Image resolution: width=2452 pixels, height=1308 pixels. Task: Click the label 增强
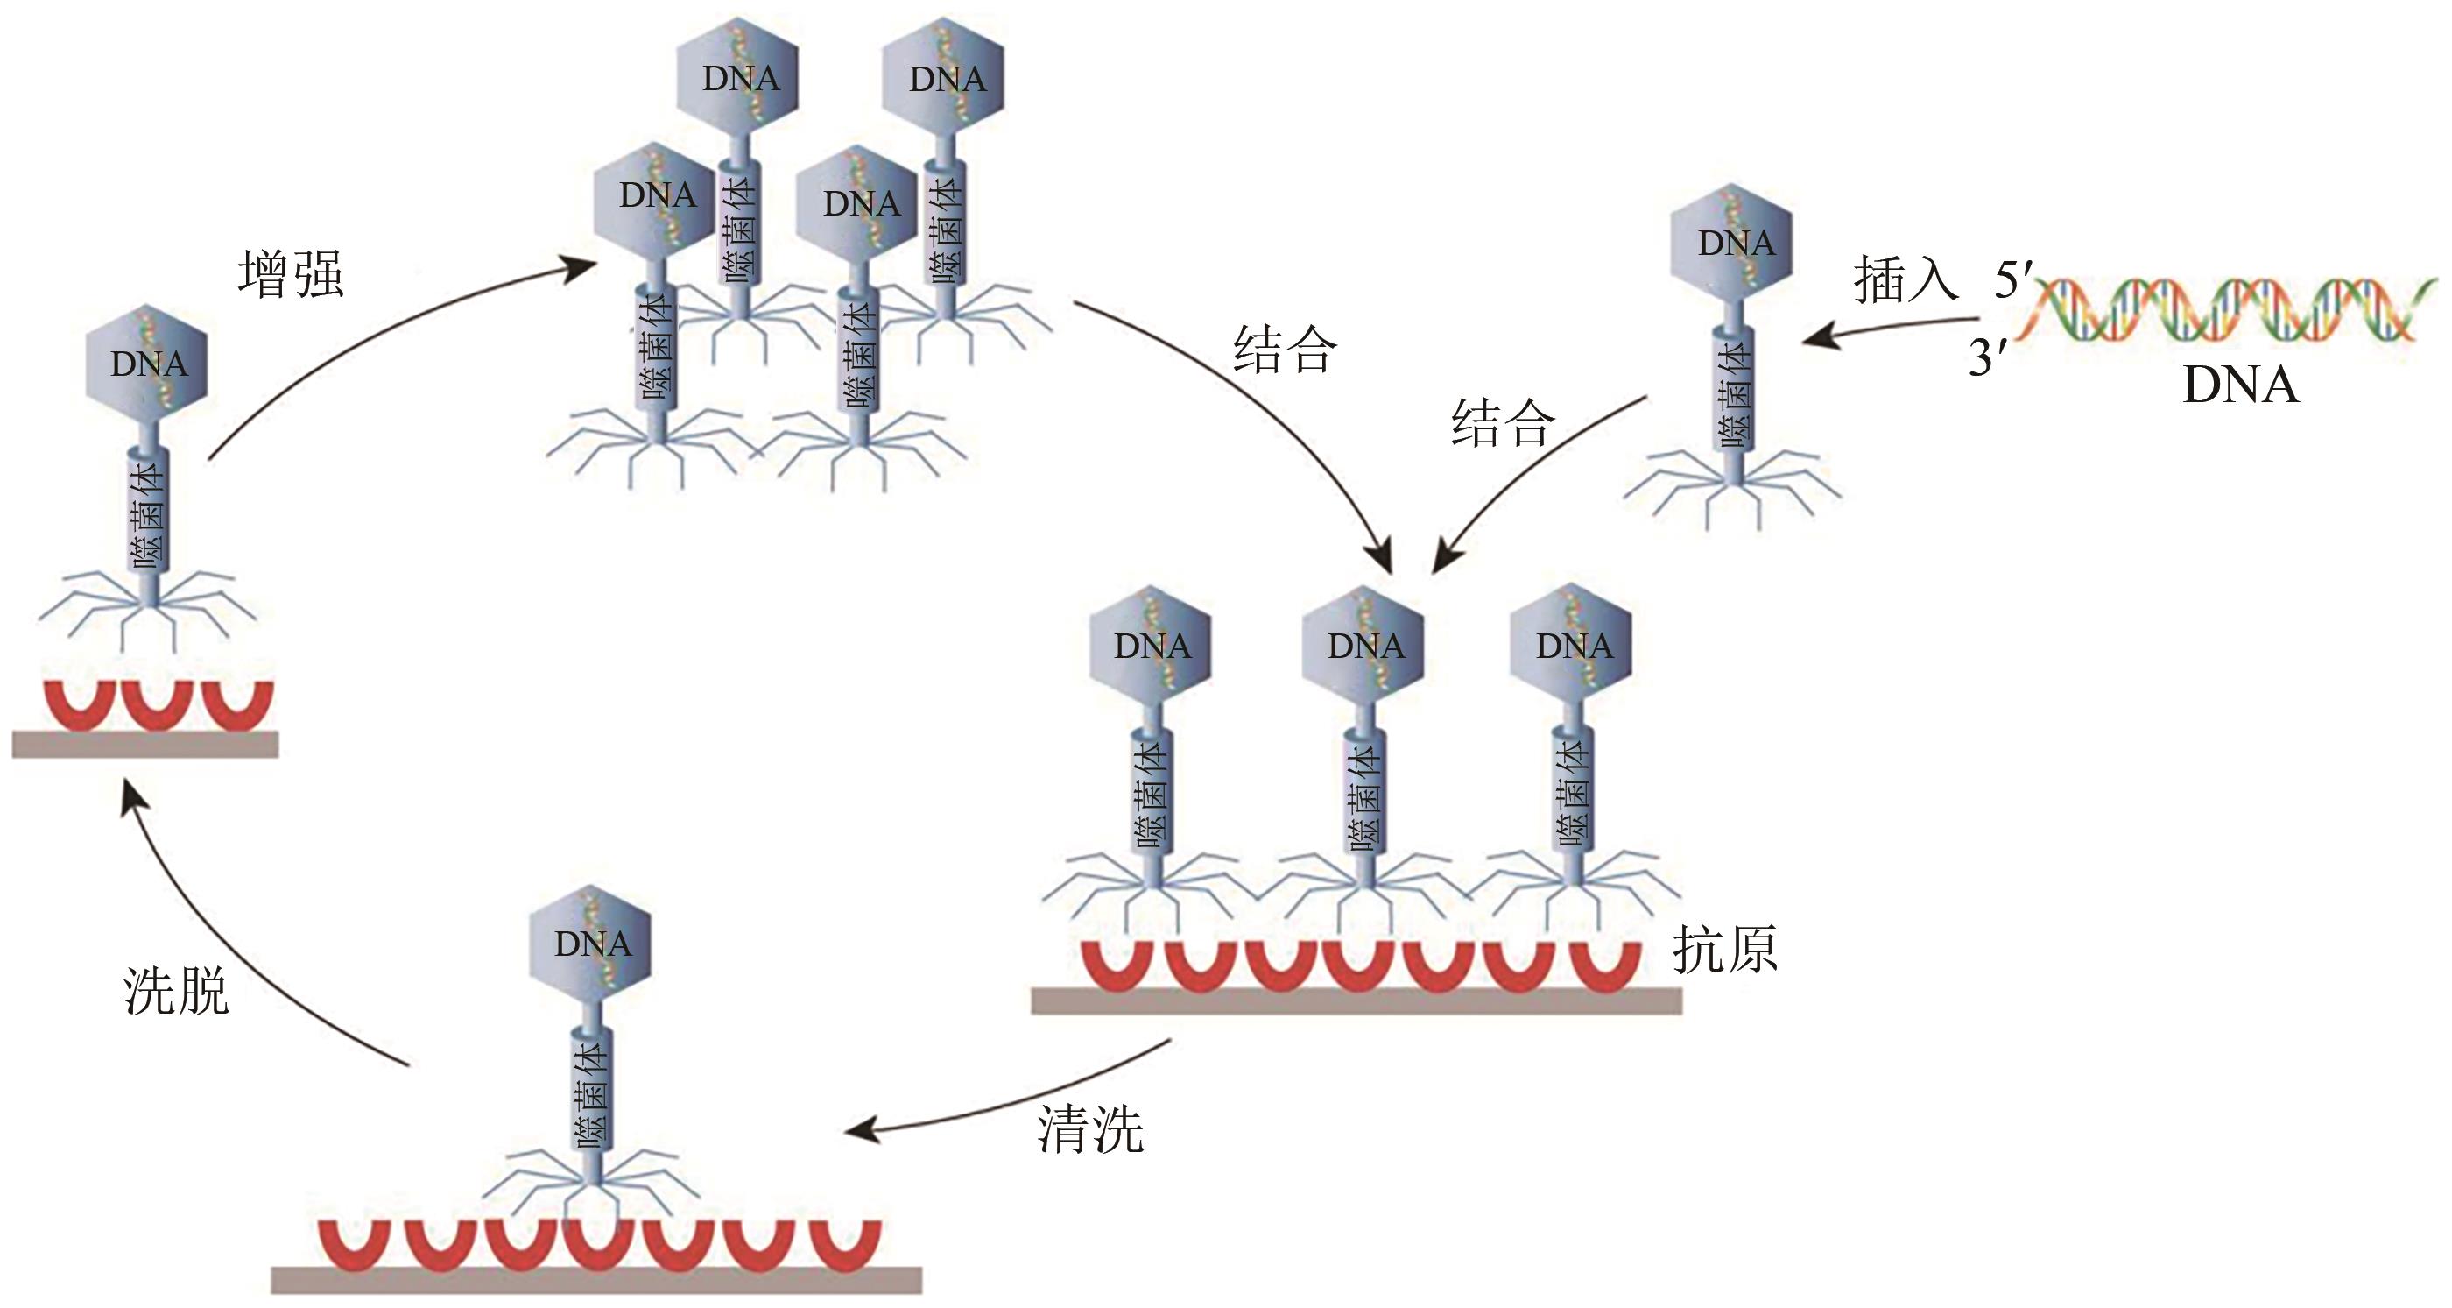[291, 275]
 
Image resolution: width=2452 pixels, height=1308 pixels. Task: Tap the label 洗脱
[176, 992]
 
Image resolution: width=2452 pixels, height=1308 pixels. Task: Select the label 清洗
[1090, 1130]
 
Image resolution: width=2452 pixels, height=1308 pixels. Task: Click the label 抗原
[1725, 950]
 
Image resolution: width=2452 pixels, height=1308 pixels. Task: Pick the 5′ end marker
[2012, 281]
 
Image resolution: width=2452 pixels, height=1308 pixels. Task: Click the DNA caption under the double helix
[2240, 385]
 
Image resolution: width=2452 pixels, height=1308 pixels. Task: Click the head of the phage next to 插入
[1732, 244]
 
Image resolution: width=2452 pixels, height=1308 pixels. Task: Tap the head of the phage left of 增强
[147, 364]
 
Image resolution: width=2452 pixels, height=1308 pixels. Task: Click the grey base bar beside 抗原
[1356, 1000]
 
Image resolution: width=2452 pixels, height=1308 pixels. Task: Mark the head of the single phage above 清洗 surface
[591, 944]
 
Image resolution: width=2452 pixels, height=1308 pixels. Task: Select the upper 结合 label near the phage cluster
[1285, 350]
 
